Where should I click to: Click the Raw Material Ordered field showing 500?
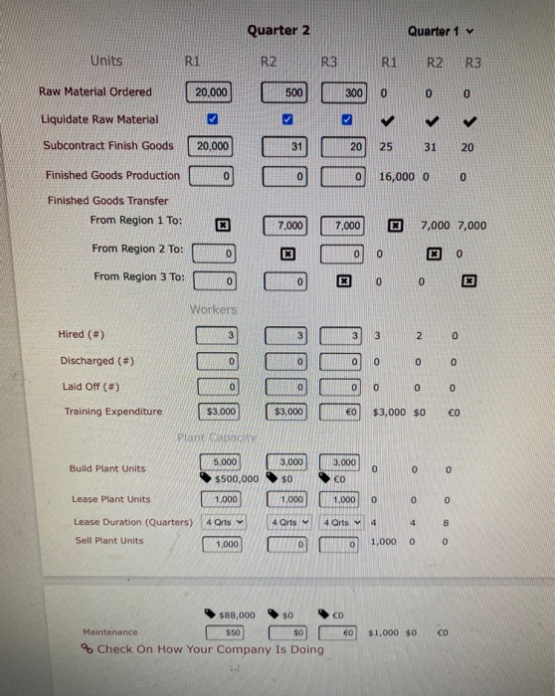pyautogui.click(x=286, y=92)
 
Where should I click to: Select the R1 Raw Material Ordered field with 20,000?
pyautogui.click(x=210, y=92)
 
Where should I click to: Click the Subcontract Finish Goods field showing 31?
pyautogui.click(x=286, y=145)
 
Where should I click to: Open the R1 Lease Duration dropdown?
pyautogui.click(x=223, y=522)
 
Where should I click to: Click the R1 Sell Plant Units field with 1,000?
pyautogui.click(x=226, y=544)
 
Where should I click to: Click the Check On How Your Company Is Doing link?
pyautogui.click(x=209, y=649)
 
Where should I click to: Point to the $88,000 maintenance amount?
pyautogui.click(x=235, y=614)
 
